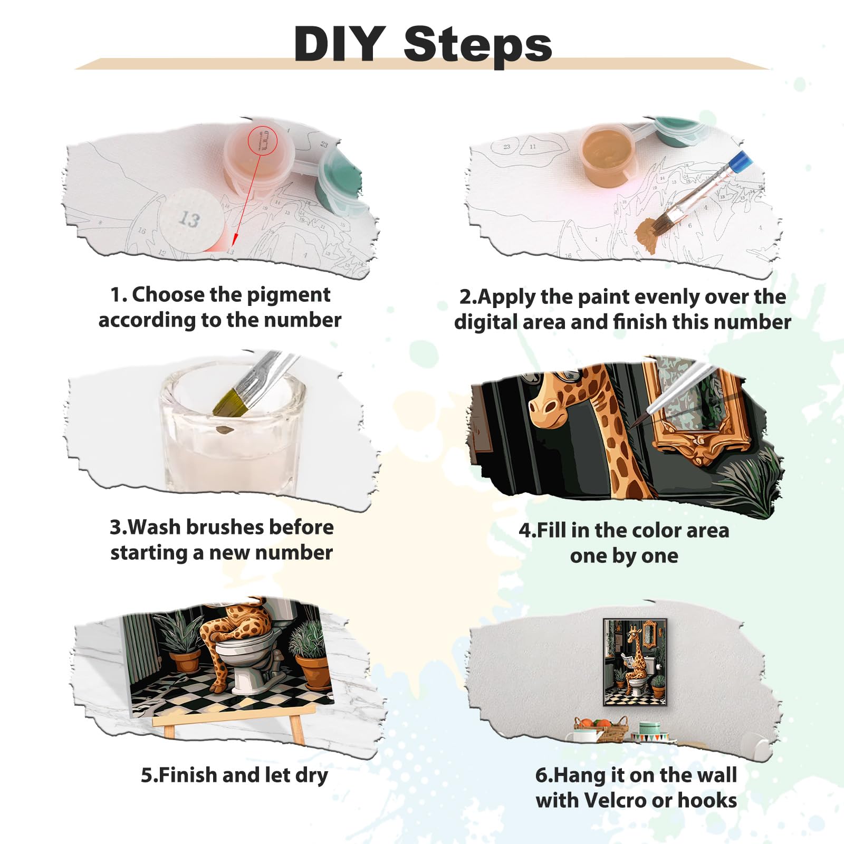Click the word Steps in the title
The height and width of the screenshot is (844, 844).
click(478, 46)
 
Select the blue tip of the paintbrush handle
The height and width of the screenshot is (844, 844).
click(739, 159)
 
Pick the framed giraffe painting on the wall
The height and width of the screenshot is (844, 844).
click(635, 663)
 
